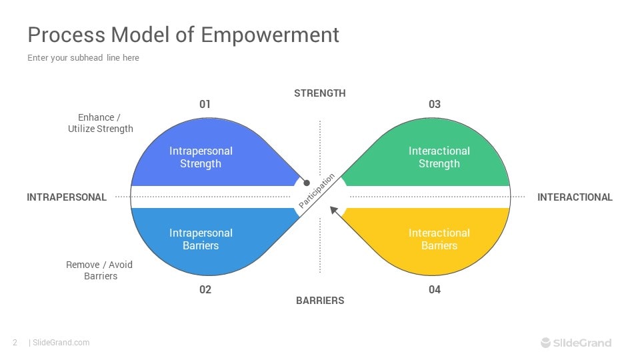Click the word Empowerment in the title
click(270, 35)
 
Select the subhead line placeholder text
click(83, 58)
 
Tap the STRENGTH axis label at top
click(320, 93)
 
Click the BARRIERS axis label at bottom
click(320, 301)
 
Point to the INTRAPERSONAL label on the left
click(67, 197)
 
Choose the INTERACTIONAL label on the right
click(575, 197)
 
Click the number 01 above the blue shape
click(205, 105)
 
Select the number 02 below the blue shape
click(205, 290)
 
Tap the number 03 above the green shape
click(435, 105)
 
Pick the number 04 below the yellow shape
click(435, 290)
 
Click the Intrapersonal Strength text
click(201, 157)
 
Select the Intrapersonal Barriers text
click(201, 239)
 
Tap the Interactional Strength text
click(439, 157)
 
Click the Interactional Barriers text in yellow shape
click(439, 239)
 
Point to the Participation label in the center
click(317, 192)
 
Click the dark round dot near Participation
click(307, 182)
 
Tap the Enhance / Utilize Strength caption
click(101, 123)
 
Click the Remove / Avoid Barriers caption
click(99, 270)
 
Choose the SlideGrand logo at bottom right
click(575, 343)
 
